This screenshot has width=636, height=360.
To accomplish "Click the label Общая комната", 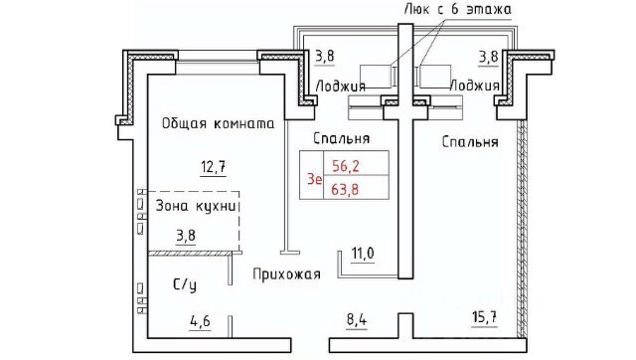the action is tap(219, 123).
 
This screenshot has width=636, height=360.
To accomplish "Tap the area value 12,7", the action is tap(214, 167).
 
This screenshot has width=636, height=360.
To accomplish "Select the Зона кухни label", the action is tap(196, 207).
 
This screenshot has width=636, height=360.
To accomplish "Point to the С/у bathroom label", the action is tap(185, 284).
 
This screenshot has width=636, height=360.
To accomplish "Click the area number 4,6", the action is tap(201, 321).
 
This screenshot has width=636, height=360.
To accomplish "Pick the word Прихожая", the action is tap(287, 274).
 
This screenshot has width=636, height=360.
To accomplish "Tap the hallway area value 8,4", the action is tap(357, 320).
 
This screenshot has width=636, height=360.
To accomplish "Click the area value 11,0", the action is tap(363, 254).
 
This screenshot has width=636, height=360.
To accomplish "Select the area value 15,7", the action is tap(485, 317).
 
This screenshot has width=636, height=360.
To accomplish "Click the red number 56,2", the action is tap(346, 166).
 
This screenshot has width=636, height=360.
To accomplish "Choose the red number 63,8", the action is tap(345, 189).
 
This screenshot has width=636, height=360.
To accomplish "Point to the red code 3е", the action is tap(315, 179).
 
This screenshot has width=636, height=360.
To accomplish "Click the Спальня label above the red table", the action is tap(342, 138).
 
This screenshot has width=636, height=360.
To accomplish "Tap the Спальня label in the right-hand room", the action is tap(470, 142).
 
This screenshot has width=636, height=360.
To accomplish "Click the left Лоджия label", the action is tap(341, 87).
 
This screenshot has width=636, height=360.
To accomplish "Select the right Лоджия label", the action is tap(475, 86).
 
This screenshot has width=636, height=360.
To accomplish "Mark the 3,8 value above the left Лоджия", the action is tap(325, 56).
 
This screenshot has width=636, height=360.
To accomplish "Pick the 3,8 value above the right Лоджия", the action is tap(488, 57).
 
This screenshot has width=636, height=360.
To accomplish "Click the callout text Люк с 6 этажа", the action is tap(458, 9).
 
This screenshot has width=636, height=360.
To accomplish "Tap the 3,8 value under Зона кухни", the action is tap(186, 236).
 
